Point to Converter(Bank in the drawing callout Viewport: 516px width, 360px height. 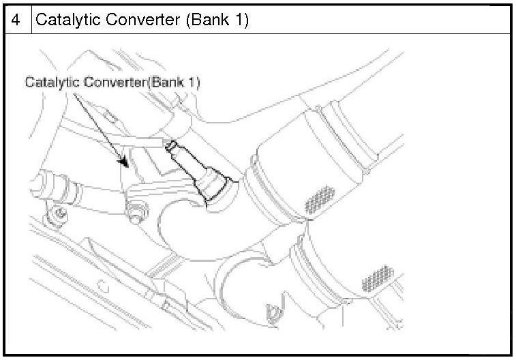130,82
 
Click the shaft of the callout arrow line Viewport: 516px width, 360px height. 95,123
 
